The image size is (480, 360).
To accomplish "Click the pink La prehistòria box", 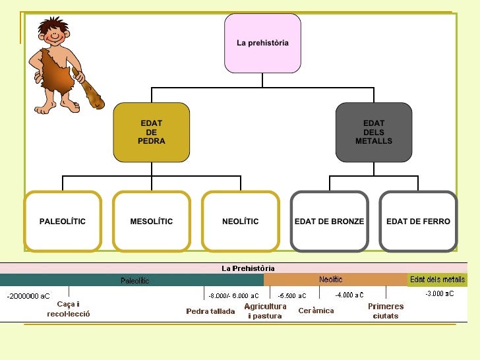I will (x=262, y=43).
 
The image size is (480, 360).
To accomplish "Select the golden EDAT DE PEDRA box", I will (x=151, y=133).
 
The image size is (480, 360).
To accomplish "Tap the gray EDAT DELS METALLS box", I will (x=373, y=133).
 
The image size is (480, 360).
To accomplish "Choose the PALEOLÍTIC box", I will (x=63, y=222).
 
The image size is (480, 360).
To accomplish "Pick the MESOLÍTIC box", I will (x=151, y=222).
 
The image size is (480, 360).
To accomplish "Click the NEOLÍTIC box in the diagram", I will (x=240, y=222).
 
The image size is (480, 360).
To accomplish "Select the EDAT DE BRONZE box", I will (x=329, y=222).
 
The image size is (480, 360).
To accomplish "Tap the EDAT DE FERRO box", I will (x=418, y=222).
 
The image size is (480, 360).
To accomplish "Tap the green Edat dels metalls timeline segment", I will (x=437, y=280).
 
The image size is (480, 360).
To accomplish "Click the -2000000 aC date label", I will (x=28, y=296).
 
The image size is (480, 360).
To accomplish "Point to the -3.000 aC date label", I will (x=439, y=294).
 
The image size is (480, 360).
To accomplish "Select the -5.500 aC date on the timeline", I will (x=292, y=296).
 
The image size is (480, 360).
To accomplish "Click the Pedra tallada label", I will (x=210, y=311).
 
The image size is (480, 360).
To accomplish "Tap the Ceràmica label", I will (x=316, y=311).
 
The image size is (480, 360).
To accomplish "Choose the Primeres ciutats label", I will (x=386, y=311).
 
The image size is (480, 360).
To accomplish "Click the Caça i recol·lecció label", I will (x=69, y=309).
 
